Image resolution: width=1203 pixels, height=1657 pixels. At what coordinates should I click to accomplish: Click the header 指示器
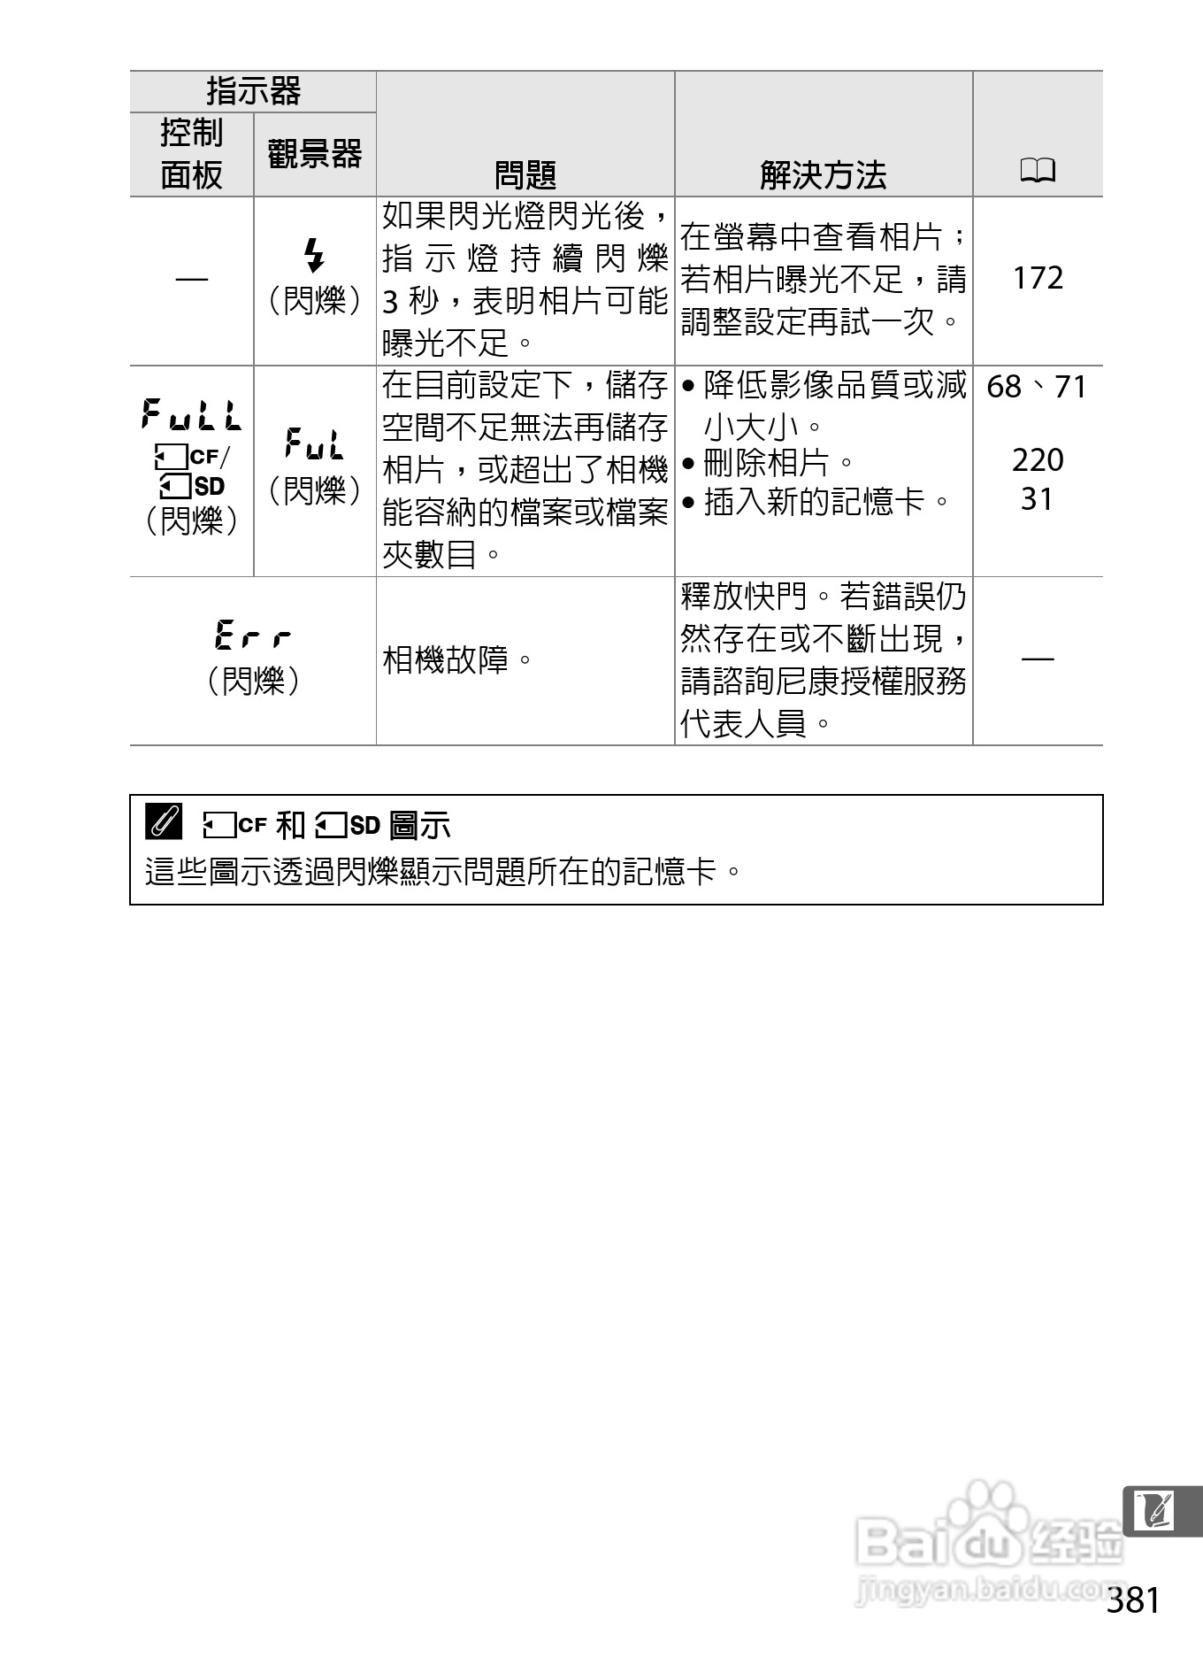[x=253, y=91]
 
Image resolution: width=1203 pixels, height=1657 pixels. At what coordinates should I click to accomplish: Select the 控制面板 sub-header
[x=191, y=154]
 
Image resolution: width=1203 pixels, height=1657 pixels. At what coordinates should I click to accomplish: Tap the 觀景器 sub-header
[x=315, y=154]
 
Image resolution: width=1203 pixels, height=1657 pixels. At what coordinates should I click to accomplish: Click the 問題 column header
[x=525, y=174]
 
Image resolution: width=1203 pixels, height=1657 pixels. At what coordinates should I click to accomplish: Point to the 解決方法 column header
[x=823, y=174]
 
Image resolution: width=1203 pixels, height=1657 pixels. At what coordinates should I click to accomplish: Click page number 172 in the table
[x=1038, y=278]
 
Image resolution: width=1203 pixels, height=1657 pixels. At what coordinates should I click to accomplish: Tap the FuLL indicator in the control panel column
[x=191, y=414]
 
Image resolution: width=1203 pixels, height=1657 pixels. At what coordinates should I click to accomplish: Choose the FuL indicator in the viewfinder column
[x=314, y=443]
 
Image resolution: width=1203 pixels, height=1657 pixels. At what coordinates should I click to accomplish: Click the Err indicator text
[x=253, y=636]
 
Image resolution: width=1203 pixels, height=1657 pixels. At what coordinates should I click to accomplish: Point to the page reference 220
[x=1038, y=459]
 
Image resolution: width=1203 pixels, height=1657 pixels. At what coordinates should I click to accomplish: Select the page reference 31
[x=1037, y=499]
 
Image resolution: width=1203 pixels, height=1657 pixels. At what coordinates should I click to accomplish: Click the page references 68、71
[x=1037, y=387]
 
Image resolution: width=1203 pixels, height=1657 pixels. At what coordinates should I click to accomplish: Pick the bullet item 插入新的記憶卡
[x=814, y=502]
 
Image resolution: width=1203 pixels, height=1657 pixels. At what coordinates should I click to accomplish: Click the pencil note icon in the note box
[x=164, y=822]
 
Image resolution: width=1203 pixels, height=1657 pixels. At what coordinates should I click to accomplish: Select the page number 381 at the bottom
[x=1132, y=1600]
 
